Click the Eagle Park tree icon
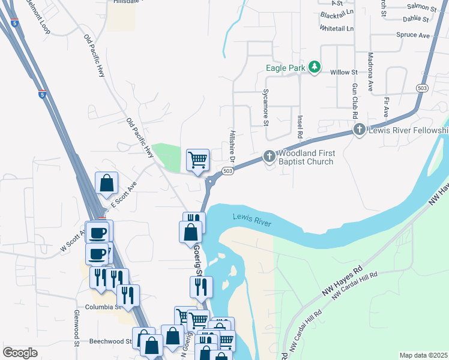click(313, 67)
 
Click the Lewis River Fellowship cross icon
click(359, 130)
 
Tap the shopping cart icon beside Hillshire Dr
click(197, 160)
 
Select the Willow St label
click(345, 72)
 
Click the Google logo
click(20, 353)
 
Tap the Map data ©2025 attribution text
click(424, 355)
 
